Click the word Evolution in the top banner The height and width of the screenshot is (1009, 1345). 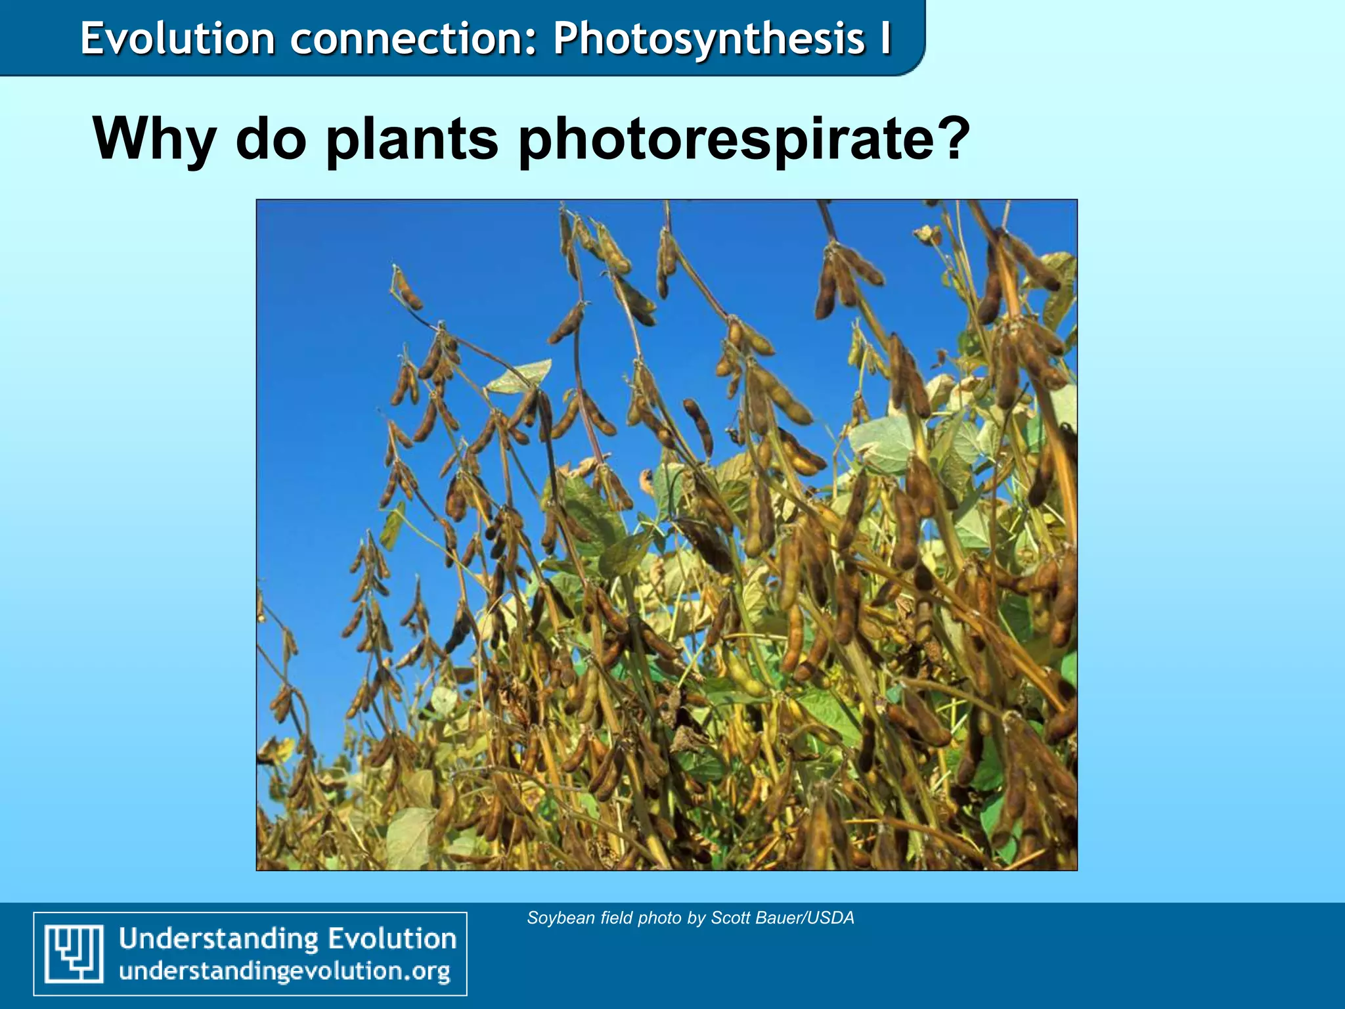(177, 38)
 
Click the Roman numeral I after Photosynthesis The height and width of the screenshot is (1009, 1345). (886, 38)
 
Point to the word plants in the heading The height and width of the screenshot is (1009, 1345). (412, 139)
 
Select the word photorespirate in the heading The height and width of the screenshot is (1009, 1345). (722, 139)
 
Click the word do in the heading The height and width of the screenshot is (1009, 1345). (271, 139)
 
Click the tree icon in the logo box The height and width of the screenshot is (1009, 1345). (74, 953)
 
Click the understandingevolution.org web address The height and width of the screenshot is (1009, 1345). (284, 971)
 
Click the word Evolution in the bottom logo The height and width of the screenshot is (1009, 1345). (392, 938)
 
